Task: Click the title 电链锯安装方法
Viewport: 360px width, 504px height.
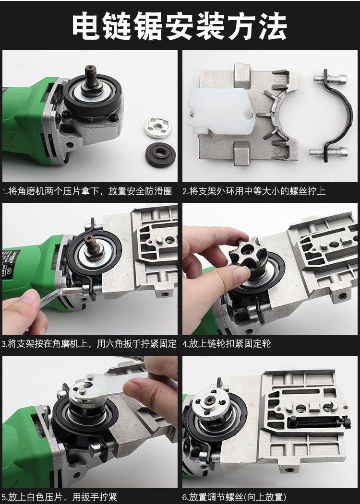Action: [x=179, y=26]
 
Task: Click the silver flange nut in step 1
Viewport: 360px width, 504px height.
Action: [x=157, y=127]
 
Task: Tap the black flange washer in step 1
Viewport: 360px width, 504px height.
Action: [x=160, y=154]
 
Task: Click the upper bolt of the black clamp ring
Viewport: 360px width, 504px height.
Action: [x=330, y=78]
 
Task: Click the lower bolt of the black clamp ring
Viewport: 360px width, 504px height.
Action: [x=328, y=152]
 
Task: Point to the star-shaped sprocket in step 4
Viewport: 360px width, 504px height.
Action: [x=248, y=254]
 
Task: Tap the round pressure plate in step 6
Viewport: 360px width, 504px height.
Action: [x=211, y=402]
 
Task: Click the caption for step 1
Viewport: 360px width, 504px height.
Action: [x=87, y=191]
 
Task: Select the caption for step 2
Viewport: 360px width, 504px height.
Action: [x=254, y=191]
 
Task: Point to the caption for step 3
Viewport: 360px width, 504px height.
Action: [x=89, y=344]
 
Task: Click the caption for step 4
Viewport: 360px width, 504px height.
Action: [x=227, y=344]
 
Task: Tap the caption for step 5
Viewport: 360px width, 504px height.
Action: [x=60, y=497]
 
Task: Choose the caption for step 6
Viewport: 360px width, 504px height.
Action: [x=234, y=497]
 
